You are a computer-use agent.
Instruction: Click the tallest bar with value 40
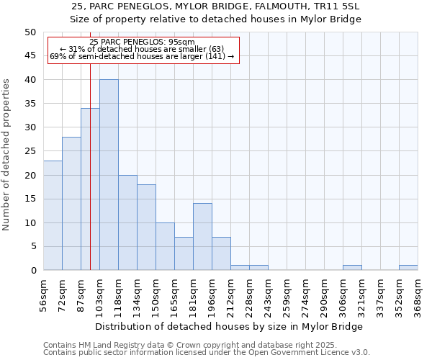pos(109,175)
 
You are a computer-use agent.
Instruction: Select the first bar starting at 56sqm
pos(53,215)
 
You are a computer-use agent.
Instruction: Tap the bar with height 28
pos(71,204)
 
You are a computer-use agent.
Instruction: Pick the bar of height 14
pos(202,237)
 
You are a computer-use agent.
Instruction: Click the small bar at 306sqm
pos(352,268)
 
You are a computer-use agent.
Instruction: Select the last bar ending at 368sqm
pos(408,268)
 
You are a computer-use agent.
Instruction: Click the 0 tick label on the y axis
pos(33,271)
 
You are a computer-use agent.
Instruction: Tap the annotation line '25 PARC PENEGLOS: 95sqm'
pos(142,42)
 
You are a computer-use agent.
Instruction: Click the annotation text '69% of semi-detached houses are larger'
pos(142,56)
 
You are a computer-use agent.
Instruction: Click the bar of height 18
pos(146,228)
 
